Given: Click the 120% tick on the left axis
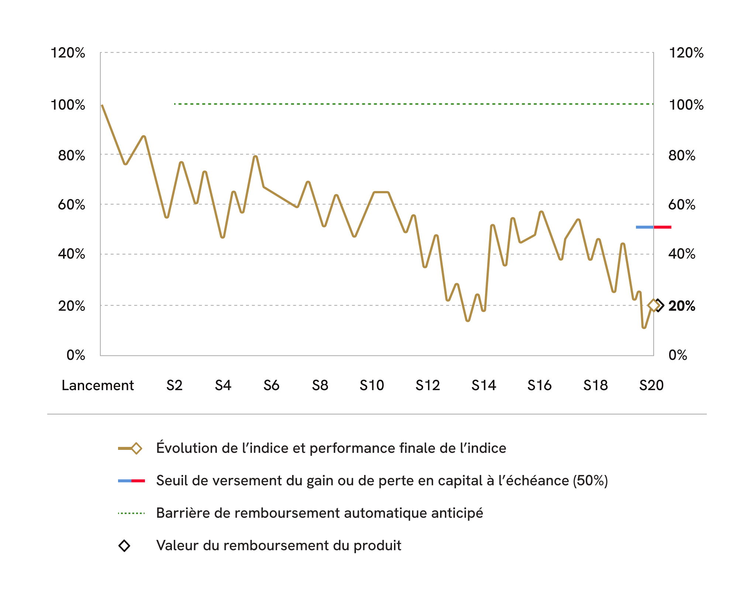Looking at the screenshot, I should pyautogui.click(x=68, y=53).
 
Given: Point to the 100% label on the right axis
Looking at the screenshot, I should pyautogui.click(x=686, y=105).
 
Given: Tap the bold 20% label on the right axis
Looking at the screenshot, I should pyautogui.click(x=682, y=306).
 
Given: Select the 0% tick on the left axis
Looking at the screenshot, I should pyautogui.click(x=76, y=355).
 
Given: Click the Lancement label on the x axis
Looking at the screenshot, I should pyautogui.click(x=97, y=385).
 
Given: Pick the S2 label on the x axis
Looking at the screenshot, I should pyautogui.click(x=174, y=385).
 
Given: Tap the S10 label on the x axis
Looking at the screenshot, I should pyautogui.click(x=372, y=385).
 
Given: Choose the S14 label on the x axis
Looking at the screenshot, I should pyautogui.click(x=484, y=385).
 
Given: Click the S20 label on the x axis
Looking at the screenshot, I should pyautogui.click(x=651, y=385).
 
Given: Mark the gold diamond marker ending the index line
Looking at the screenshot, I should pyautogui.click(x=654, y=305).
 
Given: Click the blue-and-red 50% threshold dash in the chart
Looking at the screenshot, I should pyautogui.click(x=654, y=227).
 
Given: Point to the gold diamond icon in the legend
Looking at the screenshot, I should pyautogui.click(x=136, y=448).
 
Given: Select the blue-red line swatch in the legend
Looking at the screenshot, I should pyautogui.click(x=131, y=481).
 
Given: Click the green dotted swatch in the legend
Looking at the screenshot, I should pyautogui.click(x=131, y=513).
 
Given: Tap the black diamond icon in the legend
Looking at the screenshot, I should pyautogui.click(x=124, y=546).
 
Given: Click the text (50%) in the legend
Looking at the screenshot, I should pyautogui.click(x=590, y=481).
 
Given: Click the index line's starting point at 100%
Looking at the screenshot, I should pyautogui.click(x=102, y=105).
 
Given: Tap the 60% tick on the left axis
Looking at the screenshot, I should pyautogui.click(x=72, y=205).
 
